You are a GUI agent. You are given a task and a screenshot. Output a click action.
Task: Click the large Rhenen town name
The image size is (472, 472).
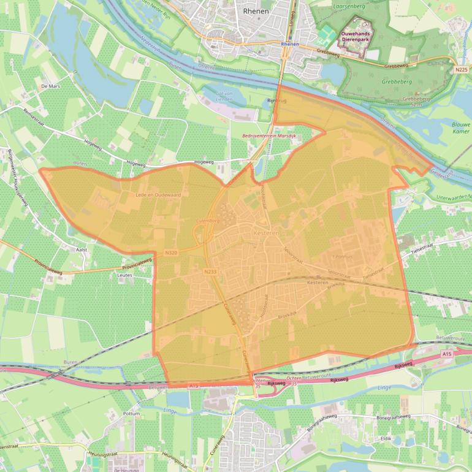(x=256, y=10)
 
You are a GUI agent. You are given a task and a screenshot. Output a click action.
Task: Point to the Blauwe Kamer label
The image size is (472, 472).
(x=461, y=128)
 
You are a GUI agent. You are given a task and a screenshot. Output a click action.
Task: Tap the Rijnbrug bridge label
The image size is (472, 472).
(x=277, y=100)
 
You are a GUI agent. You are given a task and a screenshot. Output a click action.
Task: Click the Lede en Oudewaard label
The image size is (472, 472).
(x=158, y=194)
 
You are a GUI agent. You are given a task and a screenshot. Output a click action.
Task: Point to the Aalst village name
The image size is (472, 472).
(x=82, y=249)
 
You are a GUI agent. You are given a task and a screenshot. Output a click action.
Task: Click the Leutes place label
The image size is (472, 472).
(x=124, y=275)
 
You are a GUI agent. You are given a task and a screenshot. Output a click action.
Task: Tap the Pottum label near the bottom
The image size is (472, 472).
(x=132, y=414)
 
